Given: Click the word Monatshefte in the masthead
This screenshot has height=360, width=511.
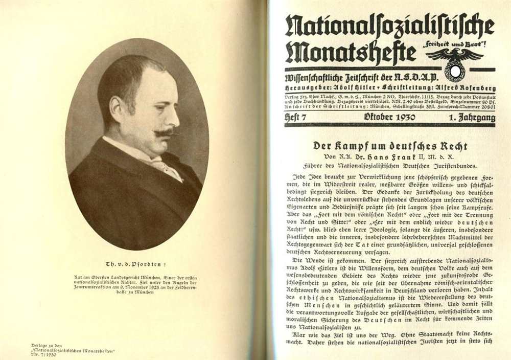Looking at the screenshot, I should (351, 52).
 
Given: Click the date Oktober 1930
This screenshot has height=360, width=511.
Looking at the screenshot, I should (389, 118).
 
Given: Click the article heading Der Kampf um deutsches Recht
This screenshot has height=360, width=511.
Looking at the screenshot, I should (390, 146).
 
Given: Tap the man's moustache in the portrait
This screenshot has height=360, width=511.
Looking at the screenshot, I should (166, 132).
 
